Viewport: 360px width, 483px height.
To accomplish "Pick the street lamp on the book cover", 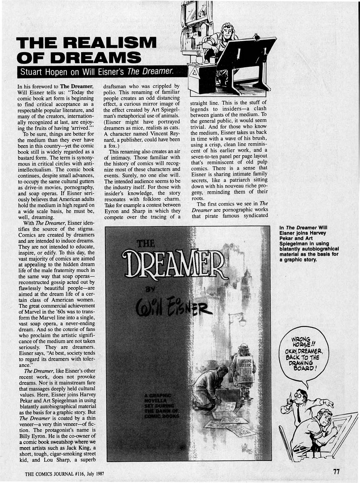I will coord(242,322).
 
